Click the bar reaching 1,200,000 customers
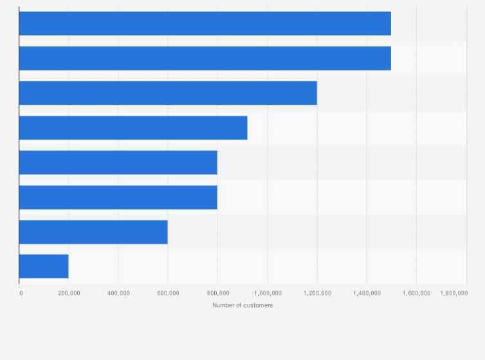coord(168,93)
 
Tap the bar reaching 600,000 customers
coord(93,232)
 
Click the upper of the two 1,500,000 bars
coord(205,24)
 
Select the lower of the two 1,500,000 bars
coord(205,59)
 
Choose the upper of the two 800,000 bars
coord(118,163)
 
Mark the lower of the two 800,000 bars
coord(118,197)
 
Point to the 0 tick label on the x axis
coord(21,293)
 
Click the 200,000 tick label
coord(69,293)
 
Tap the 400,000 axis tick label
coord(118,293)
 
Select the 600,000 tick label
coord(168,293)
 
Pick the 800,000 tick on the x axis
coord(217,293)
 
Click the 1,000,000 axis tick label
coord(267,293)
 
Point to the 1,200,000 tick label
coord(316,293)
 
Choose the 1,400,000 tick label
coord(367,293)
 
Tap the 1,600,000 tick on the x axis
coord(416,293)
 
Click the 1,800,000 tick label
coord(453,293)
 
